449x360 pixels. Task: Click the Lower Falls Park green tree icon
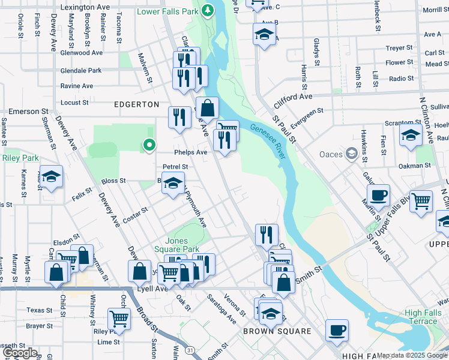click(x=208, y=11)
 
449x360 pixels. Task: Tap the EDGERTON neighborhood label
click(x=137, y=104)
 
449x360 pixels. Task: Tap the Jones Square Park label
click(x=182, y=245)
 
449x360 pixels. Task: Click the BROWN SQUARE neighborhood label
click(x=277, y=331)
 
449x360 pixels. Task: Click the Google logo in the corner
click(x=20, y=353)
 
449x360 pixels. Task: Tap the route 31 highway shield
click(x=190, y=350)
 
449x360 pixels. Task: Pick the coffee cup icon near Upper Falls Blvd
click(x=378, y=196)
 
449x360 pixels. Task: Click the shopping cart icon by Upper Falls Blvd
click(x=421, y=202)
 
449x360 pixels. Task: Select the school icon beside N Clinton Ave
click(x=411, y=136)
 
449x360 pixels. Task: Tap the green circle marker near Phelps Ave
click(x=149, y=145)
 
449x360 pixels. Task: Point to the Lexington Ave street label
click(x=86, y=7)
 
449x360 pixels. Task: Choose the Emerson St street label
click(x=28, y=112)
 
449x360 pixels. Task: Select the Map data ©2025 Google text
click(x=412, y=355)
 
